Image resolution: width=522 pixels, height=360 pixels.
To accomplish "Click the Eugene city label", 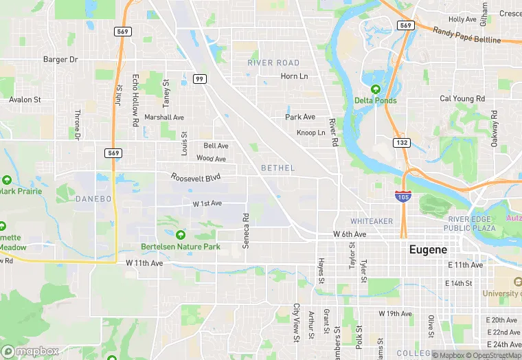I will pyautogui.click(x=428, y=249).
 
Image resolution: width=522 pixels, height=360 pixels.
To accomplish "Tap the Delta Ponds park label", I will pyautogui.click(x=375, y=100).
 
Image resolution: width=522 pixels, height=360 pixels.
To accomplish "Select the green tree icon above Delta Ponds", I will pyautogui.click(x=375, y=89).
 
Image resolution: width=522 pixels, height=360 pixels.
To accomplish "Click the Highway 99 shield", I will pyautogui.click(x=200, y=79).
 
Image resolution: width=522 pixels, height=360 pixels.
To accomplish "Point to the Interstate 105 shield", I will pyautogui.click(x=403, y=196).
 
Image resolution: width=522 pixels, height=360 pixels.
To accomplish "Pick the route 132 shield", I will pyautogui.click(x=402, y=142).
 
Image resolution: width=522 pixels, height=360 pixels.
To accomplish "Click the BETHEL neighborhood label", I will pyautogui.click(x=277, y=168).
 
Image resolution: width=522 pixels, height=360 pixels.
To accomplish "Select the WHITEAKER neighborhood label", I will pyautogui.click(x=371, y=221).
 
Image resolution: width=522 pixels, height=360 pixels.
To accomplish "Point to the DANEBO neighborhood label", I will pyautogui.click(x=93, y=199).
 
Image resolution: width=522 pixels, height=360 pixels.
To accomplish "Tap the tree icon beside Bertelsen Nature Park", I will pyautogui.click(x=181, y=235).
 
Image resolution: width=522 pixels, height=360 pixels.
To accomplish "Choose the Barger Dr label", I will pyautogui.click(x=60, y=60).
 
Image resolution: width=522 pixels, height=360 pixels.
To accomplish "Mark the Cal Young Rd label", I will pyautogui.click(x=462, y=99).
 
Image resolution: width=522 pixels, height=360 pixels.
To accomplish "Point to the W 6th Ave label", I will pyautogui.click(x=350, y=234).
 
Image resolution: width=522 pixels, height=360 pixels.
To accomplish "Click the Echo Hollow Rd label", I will pyautogui.click(x=135, y=100).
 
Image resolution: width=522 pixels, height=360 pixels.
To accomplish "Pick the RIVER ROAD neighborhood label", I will pyautogui.click(x=273, y=63).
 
